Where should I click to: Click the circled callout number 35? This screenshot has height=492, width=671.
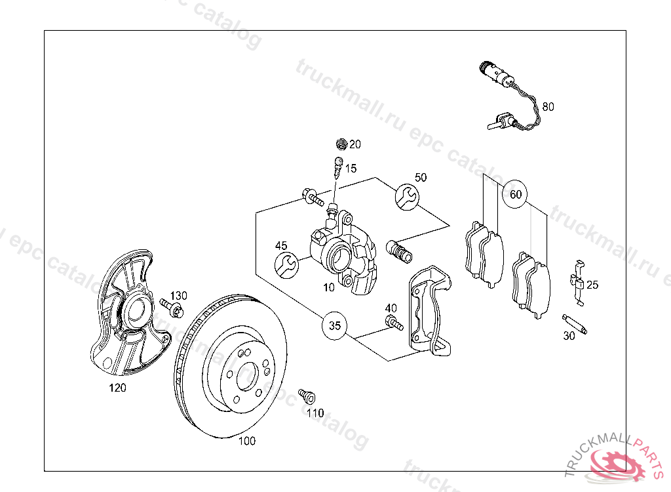tap(335, 325)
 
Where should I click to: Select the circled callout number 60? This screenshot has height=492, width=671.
tap(516, 194)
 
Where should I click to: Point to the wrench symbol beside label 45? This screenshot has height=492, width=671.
tap(286, 265)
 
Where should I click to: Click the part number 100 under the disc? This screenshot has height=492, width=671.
tap(246, 441)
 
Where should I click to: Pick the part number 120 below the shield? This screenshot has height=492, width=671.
tap(117, 388)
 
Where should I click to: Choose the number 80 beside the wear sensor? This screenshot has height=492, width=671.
tap(548, 106)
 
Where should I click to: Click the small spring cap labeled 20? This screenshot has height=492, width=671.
tap(339, 144)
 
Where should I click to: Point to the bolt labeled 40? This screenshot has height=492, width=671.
tap(394, 322)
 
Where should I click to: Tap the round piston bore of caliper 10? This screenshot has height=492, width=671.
tap(341, 257)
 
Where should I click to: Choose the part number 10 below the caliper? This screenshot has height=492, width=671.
tap(329, 287)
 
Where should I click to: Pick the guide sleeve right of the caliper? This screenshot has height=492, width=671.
tap(399, 251)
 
